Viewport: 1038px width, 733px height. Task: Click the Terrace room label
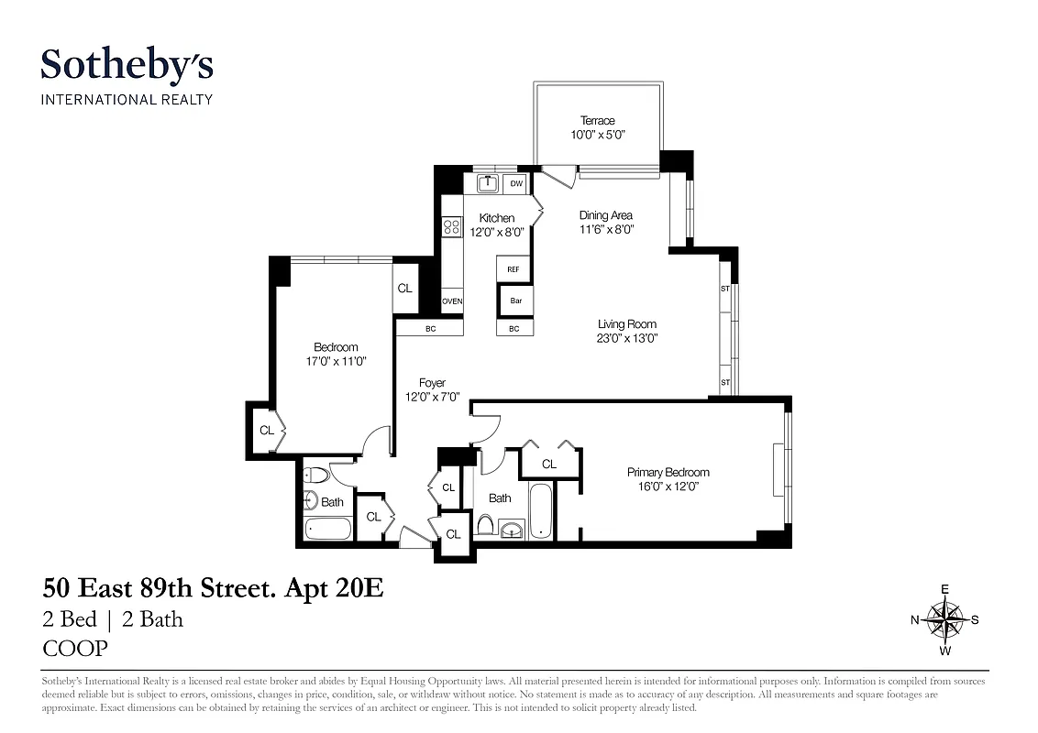pos(597,120)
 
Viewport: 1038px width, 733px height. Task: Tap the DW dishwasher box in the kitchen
pos(516,184)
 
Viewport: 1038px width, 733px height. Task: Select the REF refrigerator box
pos(513,269)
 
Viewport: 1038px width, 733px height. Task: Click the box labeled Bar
pos(514,301)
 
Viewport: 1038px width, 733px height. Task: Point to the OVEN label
pos(452,301)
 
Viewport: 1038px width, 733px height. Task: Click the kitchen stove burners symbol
pos(451,226)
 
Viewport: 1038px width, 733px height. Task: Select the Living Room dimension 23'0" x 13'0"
pos(627,338)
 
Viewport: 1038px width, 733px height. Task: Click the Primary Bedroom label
pos(668,472)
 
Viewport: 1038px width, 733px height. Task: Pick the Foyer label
pos(432,383)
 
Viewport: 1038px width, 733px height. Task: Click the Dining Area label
pos(605,215)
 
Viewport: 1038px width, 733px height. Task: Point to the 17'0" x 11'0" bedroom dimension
pos(336,361)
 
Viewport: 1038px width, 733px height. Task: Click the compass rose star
pos(944,620)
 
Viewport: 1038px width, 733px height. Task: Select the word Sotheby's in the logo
pos(127,65)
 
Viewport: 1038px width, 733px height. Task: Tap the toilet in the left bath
pos(313,476)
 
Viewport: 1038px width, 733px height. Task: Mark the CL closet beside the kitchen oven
pos(404,288)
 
